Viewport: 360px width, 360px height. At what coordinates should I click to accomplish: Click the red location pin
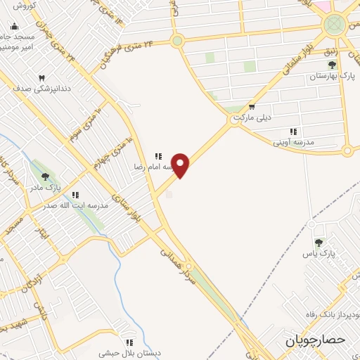tap(181, 165)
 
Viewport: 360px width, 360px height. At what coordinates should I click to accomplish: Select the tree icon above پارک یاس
tap(319, 242)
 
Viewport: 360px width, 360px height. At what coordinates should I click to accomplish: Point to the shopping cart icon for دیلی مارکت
tap(252, 107)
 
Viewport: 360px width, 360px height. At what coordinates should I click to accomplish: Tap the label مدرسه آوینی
tap(293, 141)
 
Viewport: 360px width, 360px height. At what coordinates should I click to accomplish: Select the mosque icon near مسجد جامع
tap(14, 27)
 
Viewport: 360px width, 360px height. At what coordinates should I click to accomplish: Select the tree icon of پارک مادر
tap(46, 177)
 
